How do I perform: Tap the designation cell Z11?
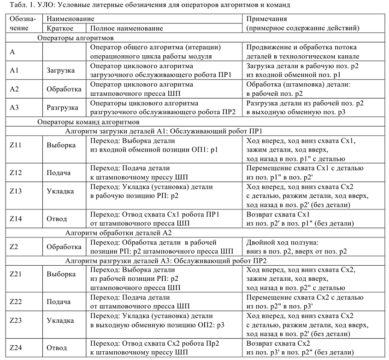point(17,145)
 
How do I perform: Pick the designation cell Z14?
point(17,219)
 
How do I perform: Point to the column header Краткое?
point(59,28)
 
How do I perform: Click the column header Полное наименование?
point(126,28)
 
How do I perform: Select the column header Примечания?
point(267,19)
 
